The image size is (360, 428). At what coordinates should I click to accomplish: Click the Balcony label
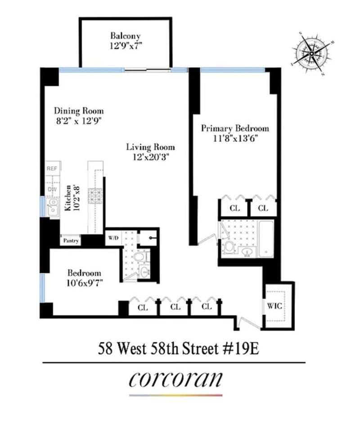[x=126, y=36]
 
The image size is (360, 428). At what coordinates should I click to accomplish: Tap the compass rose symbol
[x=311, y=53]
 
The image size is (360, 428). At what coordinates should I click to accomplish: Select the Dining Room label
[x=79, y=111]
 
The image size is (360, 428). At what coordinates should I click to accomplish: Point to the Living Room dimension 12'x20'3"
[x=150, y=157]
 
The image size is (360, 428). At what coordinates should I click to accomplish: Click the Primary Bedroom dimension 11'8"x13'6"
[x=235, y=138]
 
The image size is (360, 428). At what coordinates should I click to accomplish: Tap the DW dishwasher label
[x=52, y=190]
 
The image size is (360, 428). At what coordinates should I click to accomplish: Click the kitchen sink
[x=53, y=207]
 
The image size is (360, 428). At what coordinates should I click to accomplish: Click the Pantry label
[x=71, y=241]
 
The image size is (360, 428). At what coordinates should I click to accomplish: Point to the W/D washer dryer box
[x=112, y=238]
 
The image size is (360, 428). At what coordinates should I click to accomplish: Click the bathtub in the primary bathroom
[x=266, y=239]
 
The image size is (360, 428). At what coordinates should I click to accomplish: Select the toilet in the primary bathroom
[x=229, y=247]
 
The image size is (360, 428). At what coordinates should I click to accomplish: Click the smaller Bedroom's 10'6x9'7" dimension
[x=84, y=284]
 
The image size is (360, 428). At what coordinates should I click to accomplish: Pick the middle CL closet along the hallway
[x=175, y=307]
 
